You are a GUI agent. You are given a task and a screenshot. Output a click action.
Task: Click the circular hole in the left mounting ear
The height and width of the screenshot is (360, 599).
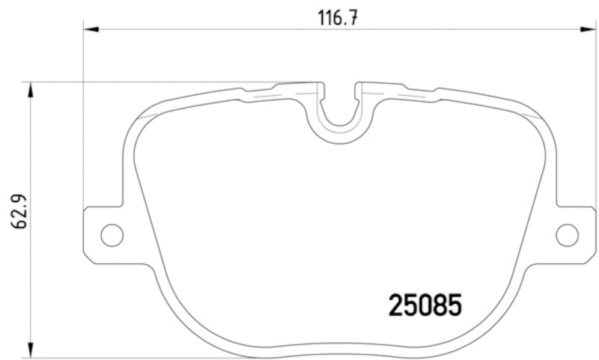[x=112, y=234]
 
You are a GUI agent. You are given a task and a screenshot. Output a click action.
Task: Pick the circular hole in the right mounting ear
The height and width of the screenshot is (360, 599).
[x=567, y=234]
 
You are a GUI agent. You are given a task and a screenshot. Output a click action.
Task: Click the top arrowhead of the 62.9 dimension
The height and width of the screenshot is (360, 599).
[x=30, y=89]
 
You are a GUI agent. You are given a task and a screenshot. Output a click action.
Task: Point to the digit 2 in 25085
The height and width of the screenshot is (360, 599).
[x=396, y=305]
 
